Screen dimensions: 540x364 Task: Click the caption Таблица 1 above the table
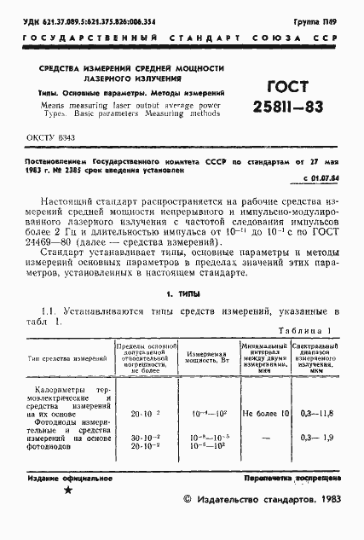(x=304, y=330)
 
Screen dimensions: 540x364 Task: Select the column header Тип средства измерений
(x=58, y=359)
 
